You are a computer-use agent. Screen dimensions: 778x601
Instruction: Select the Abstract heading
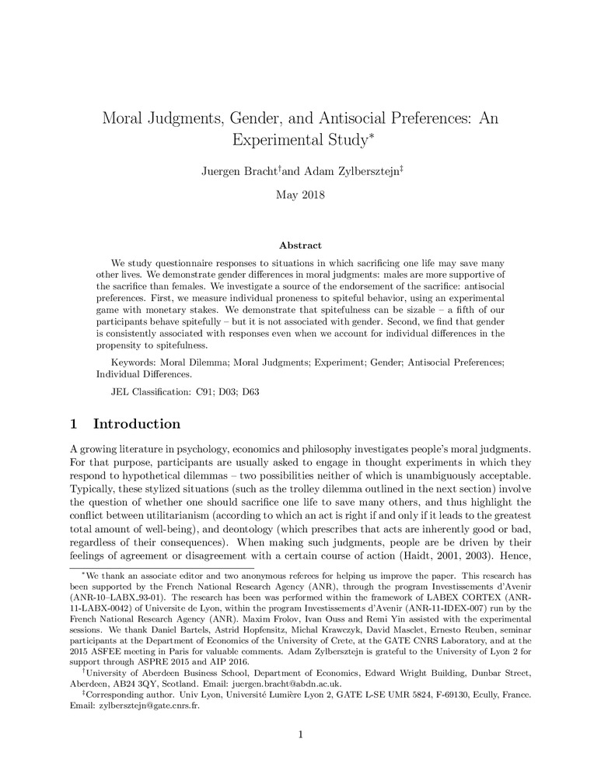[x=300, y=245]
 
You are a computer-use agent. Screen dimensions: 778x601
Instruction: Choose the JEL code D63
[x=248, y=391]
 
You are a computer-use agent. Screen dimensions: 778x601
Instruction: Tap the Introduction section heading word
[x=137, y=424]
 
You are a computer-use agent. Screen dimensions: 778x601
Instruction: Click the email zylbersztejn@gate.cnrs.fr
[x=148, y=708]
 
